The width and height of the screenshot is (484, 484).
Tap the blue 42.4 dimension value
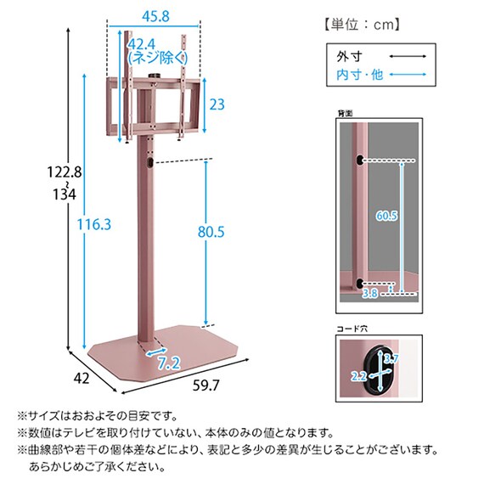143,44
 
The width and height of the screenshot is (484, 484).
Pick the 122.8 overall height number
65,172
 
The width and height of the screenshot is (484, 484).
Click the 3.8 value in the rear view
369,294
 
